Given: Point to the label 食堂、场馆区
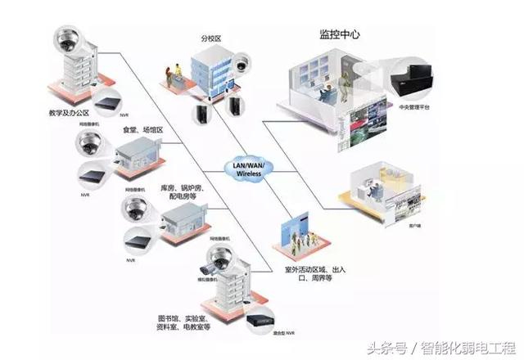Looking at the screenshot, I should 143,130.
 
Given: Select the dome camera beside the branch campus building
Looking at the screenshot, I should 242,63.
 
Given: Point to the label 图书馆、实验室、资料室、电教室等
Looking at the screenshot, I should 184,322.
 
